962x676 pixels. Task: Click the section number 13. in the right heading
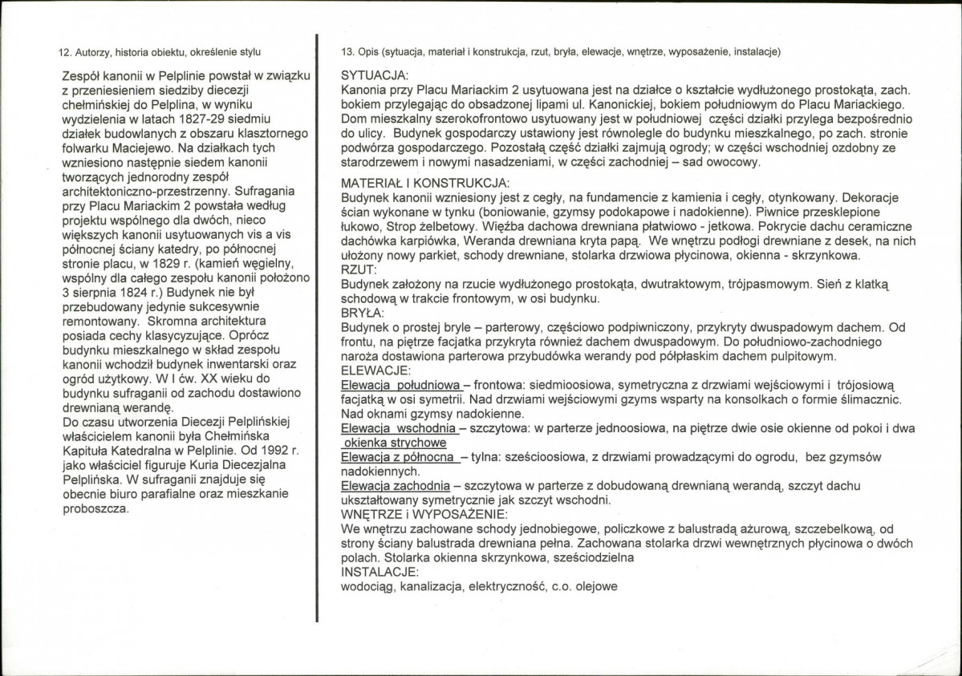tap(347, 53)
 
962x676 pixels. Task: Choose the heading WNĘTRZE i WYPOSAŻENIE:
tap(423, 514)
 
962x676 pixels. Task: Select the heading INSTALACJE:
tap(379, 573)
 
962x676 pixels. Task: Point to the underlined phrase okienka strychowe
tap(393, 442)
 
